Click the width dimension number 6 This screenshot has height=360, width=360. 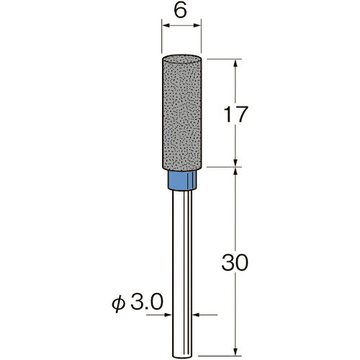click(x=181, y=11)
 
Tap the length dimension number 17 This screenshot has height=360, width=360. click(x=235, y=114)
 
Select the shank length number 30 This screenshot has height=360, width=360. click(x=235, y=263)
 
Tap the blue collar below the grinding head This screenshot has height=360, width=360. click(x=182, y=180)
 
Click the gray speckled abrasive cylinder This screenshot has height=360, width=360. click(x=181, y=113)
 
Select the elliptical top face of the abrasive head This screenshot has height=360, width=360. click(x=181, y=59)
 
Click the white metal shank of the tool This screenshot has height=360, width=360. click(x=182, y=274)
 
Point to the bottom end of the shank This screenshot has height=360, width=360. click(x=182, y=357)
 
